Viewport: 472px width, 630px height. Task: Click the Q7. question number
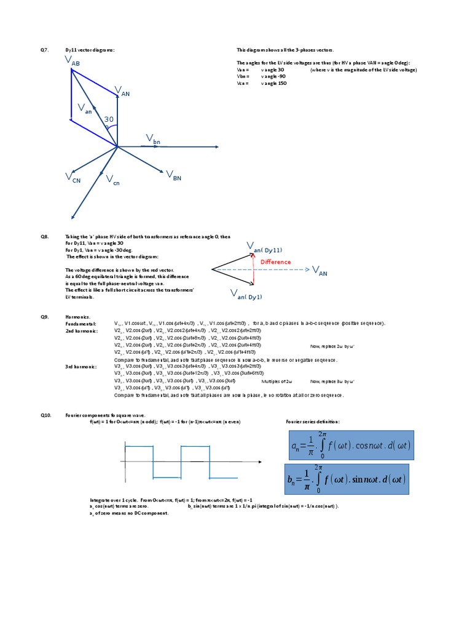45,49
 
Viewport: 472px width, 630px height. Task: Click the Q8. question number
45,236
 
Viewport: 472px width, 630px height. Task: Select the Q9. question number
45,317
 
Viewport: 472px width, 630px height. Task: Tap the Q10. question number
46,415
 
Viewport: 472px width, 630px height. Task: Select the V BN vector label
173,177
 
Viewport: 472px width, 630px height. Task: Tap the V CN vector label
73,178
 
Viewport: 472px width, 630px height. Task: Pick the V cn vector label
112,180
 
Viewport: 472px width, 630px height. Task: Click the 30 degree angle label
109,119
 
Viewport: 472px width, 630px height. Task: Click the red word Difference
275,262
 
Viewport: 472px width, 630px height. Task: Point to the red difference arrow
254,269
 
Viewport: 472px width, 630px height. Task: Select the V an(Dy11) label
265,248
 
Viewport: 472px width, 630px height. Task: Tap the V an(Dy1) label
246,295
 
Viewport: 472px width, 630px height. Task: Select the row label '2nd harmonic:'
81,330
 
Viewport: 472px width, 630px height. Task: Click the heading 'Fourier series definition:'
313,421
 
